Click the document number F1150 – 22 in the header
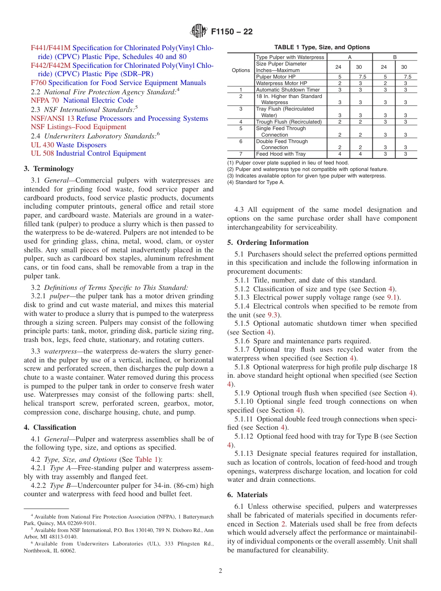pos(232,32)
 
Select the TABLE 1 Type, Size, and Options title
pos(322,47)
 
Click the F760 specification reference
pos(39,83)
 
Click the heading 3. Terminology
pos(49,169)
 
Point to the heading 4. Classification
pos(50,427)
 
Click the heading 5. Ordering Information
pos(268,243)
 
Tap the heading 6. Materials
pos(247,495)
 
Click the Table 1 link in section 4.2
pos(147,460)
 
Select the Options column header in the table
pos(240,70)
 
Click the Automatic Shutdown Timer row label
pos(288,90)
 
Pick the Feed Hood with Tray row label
pos(281,154)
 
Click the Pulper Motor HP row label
pos(276,77)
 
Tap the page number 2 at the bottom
pos(220,571)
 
